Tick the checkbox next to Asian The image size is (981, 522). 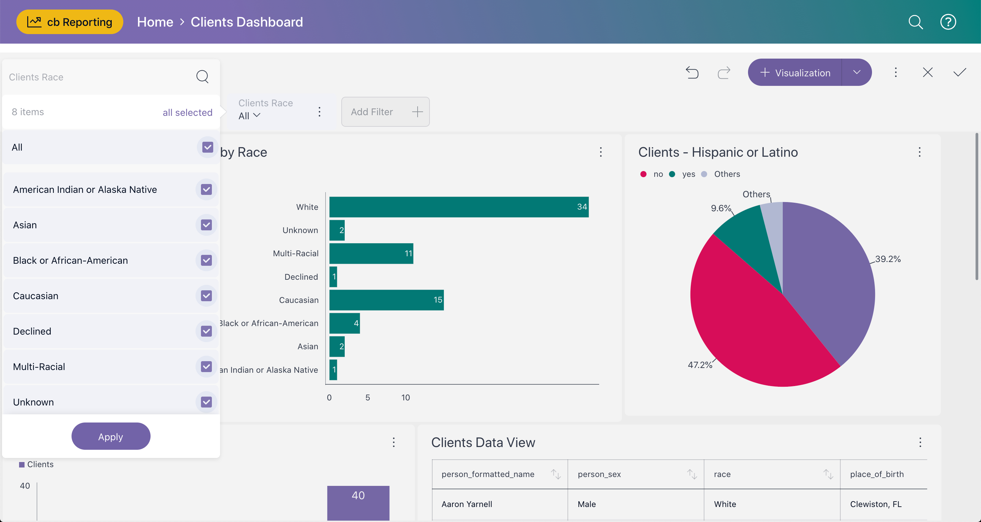(x=206, y=225)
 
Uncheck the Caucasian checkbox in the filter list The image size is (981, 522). (x=206, y=296)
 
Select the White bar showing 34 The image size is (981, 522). (x=458, y=207)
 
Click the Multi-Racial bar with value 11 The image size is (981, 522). (x=371, y=254)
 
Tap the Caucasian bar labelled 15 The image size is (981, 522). (x=386, y=300)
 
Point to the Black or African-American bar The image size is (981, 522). (x=344, y=323)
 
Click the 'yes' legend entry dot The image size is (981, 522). (x=672, y=174)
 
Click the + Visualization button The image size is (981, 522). (x=795, y=72)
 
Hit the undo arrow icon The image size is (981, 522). (x=692, y=72)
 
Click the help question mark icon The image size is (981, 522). (x=948, y=22)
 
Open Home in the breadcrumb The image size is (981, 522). (x=155, y=22)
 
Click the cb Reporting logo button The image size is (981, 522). (x=70, y=22)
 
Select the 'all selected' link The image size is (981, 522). (x=187, y=112)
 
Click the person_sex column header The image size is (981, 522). (x=599, y=474)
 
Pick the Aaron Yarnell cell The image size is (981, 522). (x=467, y=504)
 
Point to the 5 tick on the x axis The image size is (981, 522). (x=368, y=397)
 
